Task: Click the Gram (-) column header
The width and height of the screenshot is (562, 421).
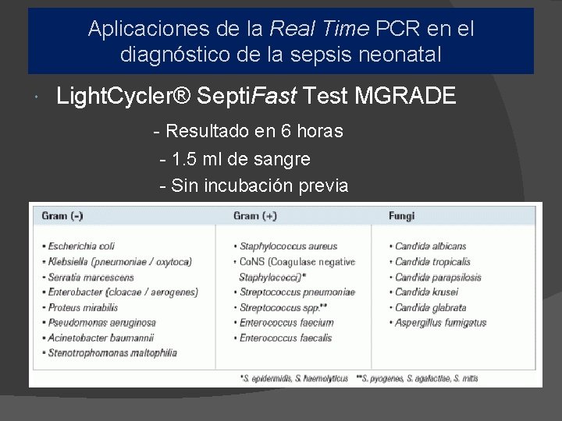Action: click(x=62, y=215)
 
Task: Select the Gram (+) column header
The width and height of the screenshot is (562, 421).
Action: click(x=255, y=215)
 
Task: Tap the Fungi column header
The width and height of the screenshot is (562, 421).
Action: click(x=402, y=215)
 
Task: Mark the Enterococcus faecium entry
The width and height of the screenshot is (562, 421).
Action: click(x=286, y=322)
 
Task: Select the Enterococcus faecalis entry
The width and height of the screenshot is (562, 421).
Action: click(x=286, y=338)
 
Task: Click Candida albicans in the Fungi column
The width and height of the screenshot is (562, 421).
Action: click(x=430, y=246)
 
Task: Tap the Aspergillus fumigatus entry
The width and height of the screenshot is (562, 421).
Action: click(x=440, y=322)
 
